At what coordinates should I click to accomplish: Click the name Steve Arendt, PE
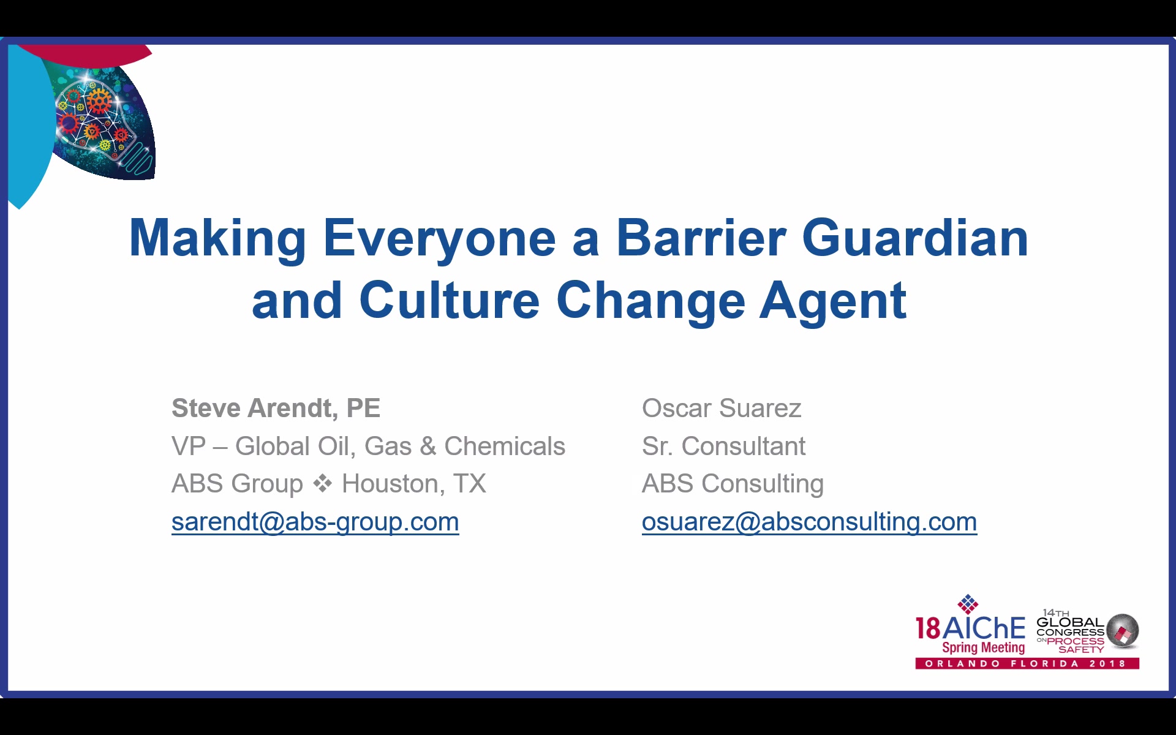(x=276, y=409)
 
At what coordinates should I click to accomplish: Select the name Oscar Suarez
(x=722, y=408)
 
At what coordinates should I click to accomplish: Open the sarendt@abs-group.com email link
(x=315, y=522)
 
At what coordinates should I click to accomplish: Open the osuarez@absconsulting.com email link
(x=809, y=522)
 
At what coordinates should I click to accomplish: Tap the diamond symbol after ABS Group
(x=322, y=483)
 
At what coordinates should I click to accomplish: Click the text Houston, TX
(x=413, y=484)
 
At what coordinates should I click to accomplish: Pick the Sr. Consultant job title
(x=723, y=446)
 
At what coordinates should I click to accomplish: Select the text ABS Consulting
(x=733, y=484)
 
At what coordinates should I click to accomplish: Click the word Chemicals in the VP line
(x=504, y=446)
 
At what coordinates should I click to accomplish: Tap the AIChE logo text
(x=970, y=628)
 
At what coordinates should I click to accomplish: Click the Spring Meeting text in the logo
(x=983, y=647)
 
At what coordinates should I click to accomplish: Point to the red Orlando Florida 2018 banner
(x=1027, y=663)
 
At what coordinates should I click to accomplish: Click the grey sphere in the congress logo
(x=1122, y=630)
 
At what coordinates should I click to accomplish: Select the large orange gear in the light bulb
(x=98, y=100)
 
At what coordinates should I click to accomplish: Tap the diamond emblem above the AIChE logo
(x=968, y=604)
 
